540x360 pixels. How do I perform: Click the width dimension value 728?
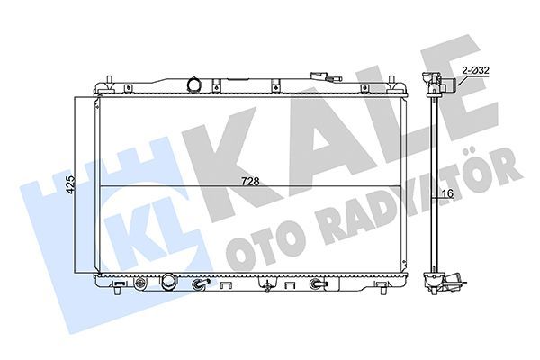coord(250,181)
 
